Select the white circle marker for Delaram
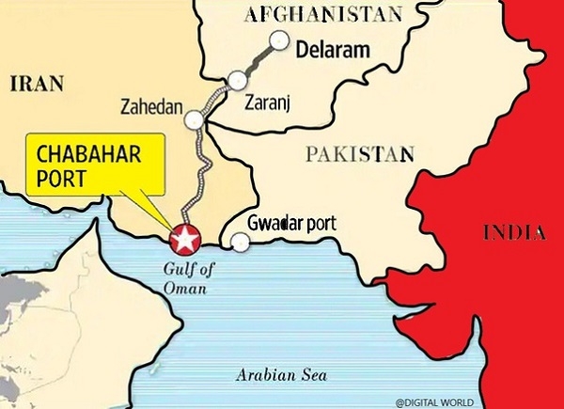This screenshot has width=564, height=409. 279,40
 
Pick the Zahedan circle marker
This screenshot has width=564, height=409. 195,119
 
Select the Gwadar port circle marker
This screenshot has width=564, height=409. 241,243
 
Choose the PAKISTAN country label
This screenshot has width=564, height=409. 360,151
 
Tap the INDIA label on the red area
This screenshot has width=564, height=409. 514,232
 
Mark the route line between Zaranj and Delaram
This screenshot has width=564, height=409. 259,58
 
